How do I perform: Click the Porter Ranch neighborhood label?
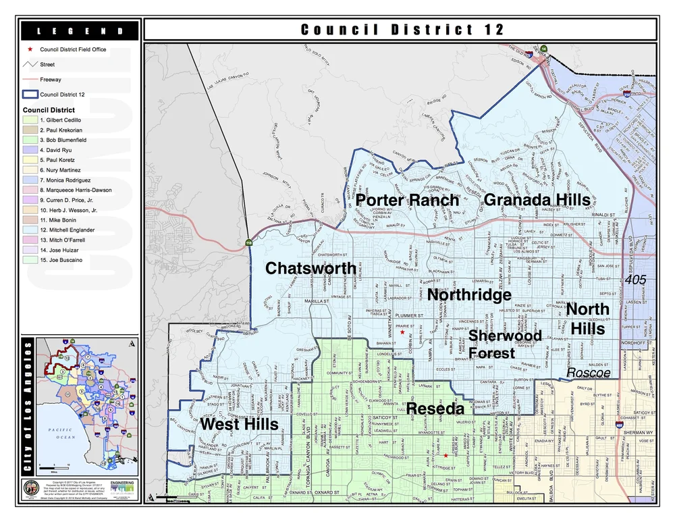click(407, 201)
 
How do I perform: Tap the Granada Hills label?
click(537, 200)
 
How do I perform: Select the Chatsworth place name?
click(310, 268)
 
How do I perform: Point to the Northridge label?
click(469, 295)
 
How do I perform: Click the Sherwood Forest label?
click(505, 344)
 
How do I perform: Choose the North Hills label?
click(587, 318)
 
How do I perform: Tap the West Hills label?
click(239, 424)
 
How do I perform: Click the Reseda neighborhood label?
click(435, 409)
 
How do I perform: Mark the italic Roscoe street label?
click(588, 373)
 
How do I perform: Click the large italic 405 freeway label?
click(636, 279)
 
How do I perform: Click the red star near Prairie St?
click(402, 332)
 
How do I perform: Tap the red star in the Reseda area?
click(445, 455)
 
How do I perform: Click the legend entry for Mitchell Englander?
click(67, 230)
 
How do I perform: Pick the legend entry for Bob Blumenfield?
click(63, 140)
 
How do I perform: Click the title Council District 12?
click(402, 30)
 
